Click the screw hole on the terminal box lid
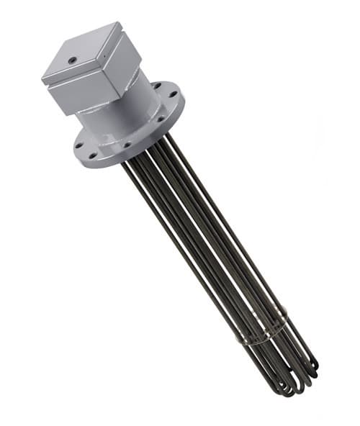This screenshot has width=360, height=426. (72, 60)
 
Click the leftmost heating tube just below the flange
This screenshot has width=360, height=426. (130, 173)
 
